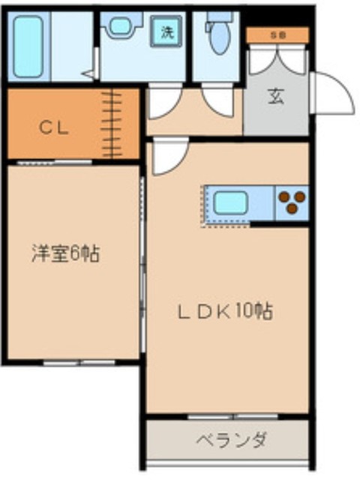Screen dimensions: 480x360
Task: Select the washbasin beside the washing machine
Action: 120,26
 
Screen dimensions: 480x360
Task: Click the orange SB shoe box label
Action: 277,34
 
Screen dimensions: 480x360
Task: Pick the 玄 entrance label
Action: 275,97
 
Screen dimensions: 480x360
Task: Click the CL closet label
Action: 54,127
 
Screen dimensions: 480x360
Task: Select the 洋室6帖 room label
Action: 65,253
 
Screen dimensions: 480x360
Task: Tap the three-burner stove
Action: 292,201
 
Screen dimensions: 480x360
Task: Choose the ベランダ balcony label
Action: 231,439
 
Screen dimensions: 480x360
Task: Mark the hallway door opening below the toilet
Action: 218,101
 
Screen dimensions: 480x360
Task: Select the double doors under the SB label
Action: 277,60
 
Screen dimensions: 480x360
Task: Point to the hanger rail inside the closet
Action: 113,124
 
